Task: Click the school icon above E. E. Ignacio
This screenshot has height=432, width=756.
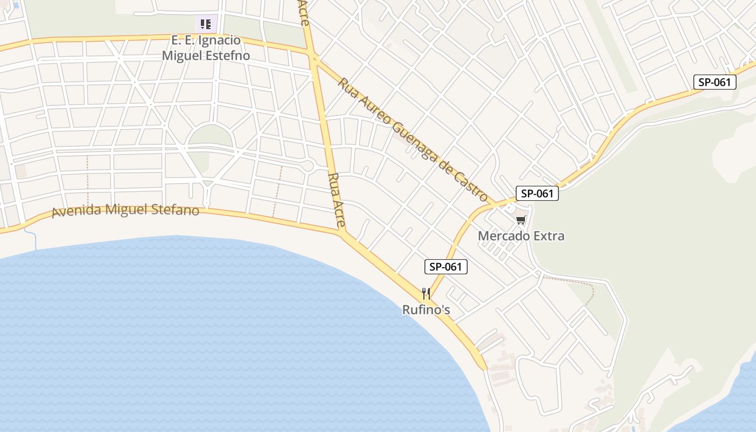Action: pos(206,24)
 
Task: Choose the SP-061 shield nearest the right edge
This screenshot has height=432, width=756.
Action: pos(714,82)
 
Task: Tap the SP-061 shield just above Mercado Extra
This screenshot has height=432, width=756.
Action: pos(537,193)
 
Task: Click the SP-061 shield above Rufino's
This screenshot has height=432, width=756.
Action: pos(446,266)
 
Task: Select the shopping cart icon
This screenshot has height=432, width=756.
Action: pos(521,220)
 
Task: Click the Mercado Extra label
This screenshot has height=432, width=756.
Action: pos(521,236)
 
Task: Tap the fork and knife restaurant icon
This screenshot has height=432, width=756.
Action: pos(426,294)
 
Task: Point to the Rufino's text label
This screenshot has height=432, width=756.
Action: pos(426,310)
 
